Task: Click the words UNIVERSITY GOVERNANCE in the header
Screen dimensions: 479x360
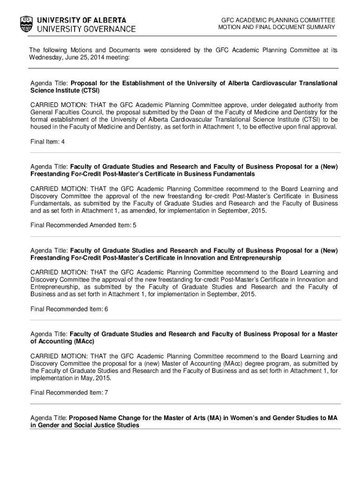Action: tap(86, 29)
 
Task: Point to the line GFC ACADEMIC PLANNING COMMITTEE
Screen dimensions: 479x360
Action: tap(278, 20)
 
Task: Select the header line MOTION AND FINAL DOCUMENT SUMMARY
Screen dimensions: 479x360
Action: tap(277, 27)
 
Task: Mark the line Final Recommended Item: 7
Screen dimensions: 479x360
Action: tap(69, 392)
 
